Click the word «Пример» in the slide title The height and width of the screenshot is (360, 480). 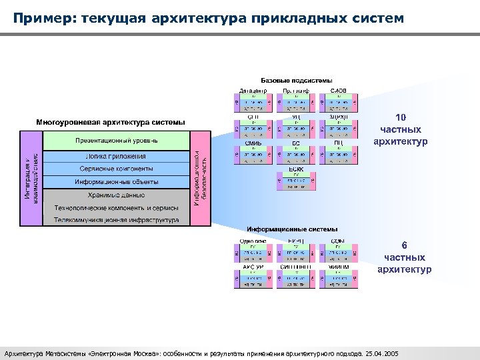point(42,17)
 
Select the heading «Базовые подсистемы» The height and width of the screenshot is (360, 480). point(296,81)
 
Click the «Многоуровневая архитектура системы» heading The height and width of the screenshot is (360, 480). point(111,123)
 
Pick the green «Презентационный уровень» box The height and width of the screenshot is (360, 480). point(117,141)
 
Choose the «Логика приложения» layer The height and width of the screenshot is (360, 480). point(117,157)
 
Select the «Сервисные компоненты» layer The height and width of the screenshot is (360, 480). point(117,169)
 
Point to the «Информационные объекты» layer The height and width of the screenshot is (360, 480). point(117,182)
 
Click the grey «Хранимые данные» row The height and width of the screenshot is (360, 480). point(117,195)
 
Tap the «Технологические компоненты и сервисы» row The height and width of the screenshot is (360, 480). point(117,208)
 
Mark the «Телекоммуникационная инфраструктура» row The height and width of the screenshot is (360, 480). point(117,220)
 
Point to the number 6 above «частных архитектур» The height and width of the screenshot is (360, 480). point(405,245)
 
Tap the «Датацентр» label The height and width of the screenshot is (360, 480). point(253,91)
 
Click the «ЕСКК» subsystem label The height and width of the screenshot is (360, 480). point(296,169)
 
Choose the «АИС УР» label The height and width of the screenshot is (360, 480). point(253,267)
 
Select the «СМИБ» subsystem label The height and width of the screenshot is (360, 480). point(253,143)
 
